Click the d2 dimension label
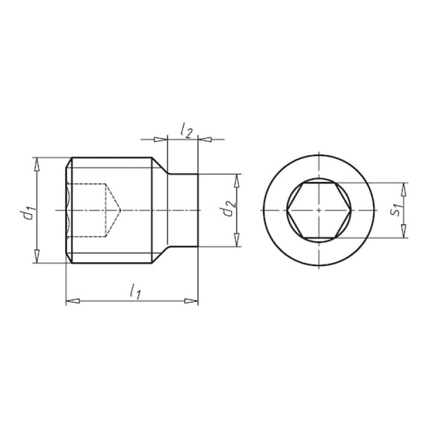(229, 208)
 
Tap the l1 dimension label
(135, 291)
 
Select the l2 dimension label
(186, 131)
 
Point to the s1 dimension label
(396, 209)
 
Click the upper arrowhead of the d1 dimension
(37, 164)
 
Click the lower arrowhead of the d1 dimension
(37, 256)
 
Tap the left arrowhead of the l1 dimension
(73, 301)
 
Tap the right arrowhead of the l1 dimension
(191, 301)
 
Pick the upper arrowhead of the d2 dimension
(237, 181)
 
